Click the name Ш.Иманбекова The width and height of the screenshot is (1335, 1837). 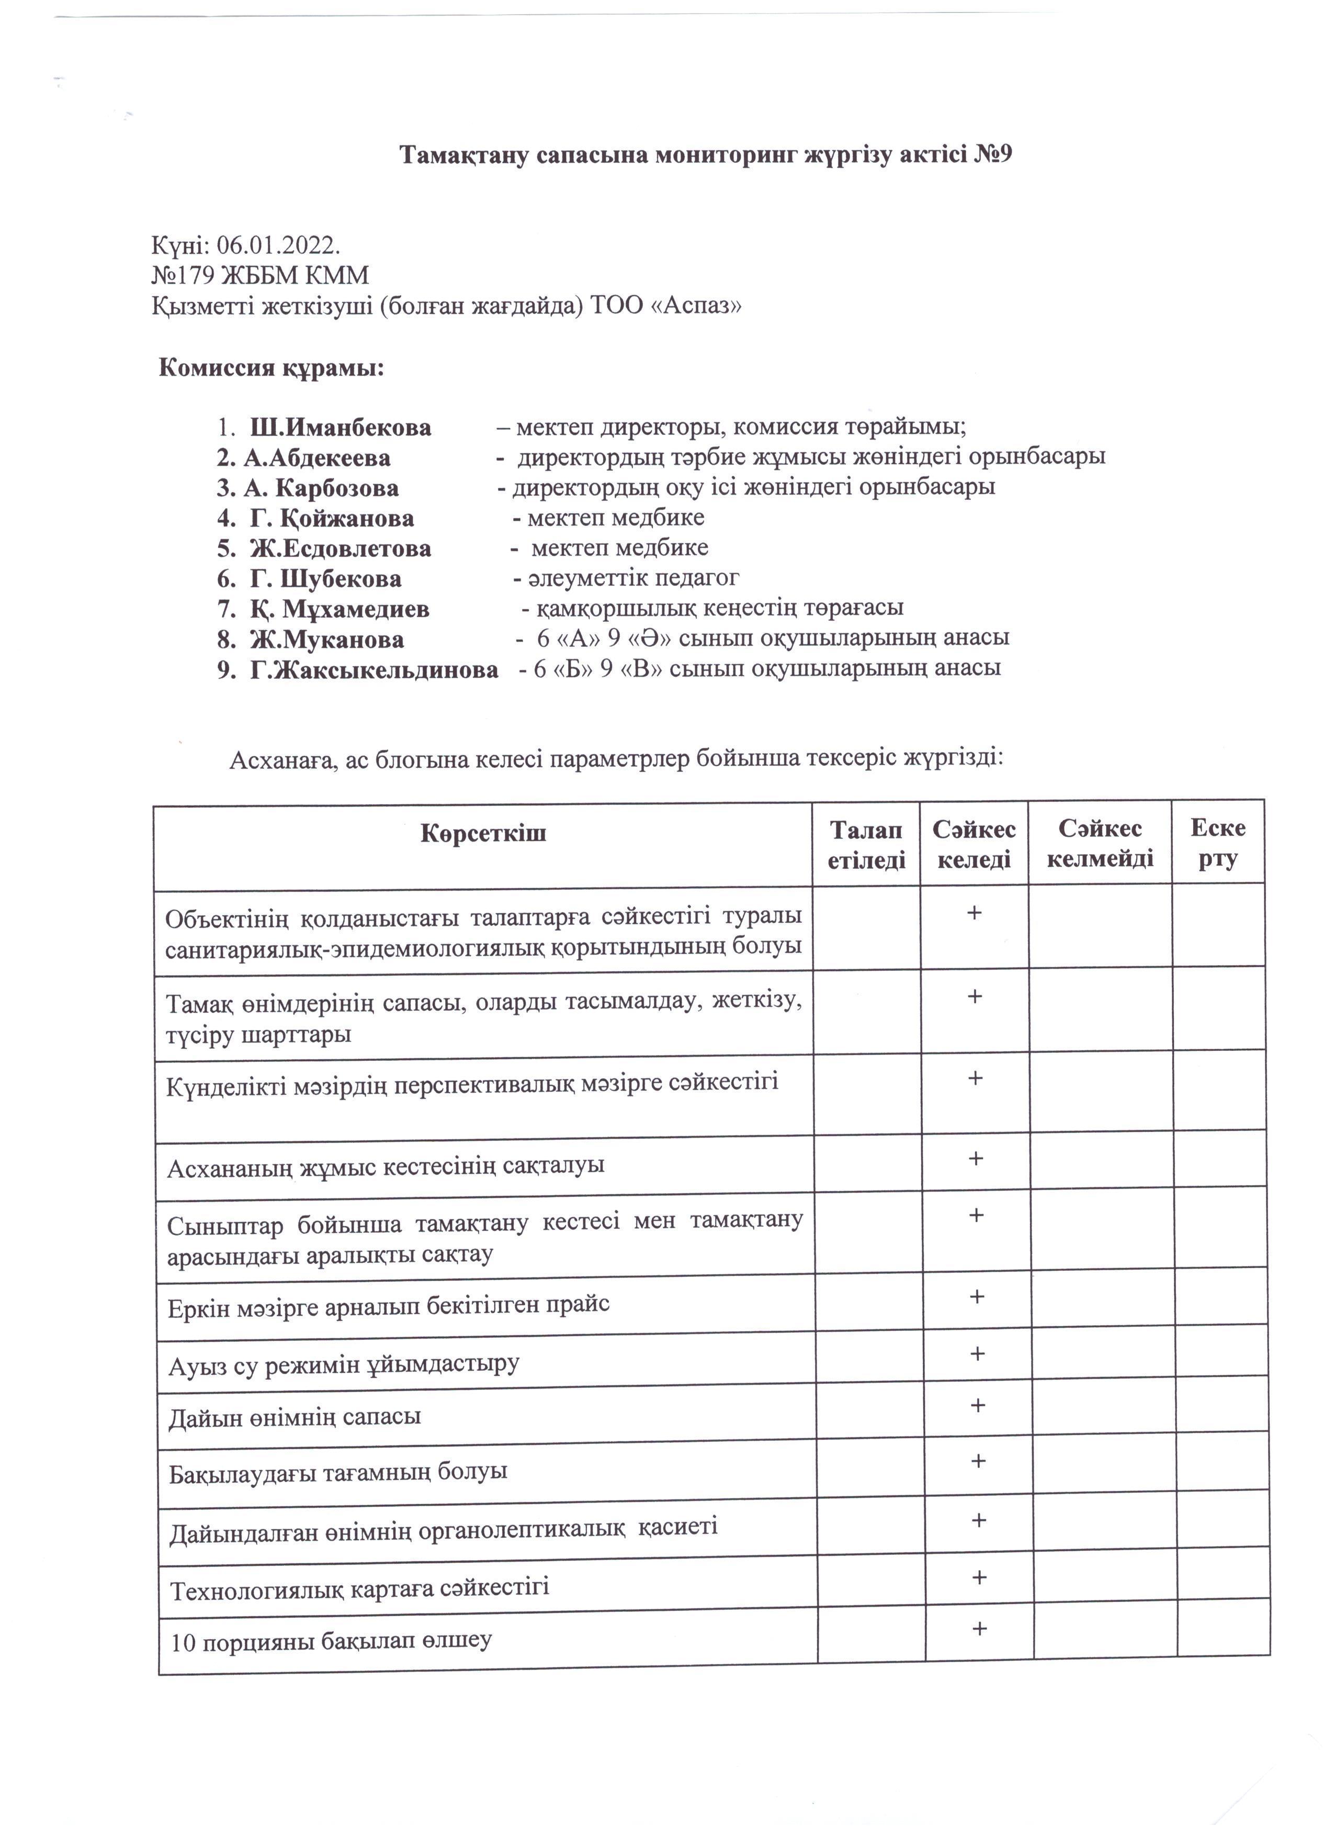pyautogui.click(x=340, y=427)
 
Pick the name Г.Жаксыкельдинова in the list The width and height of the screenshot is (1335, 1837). pyautogui.click(x=374, y=670)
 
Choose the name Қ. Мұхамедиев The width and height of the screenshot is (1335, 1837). pyautogui.click(x=340, y=609)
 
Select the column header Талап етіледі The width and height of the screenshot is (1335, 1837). pyautogui.click(x=866, y=845)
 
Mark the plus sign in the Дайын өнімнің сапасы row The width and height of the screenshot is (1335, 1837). pyautogui.click(x=978, y=1405)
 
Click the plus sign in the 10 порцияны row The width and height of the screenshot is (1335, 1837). pyautogui.click(x=980, y=1629)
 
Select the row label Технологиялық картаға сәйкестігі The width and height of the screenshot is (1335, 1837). pyautogui.click(x=359, y=1587)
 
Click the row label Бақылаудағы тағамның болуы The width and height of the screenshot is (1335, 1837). pyautogui.click(x=338, y=1472)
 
